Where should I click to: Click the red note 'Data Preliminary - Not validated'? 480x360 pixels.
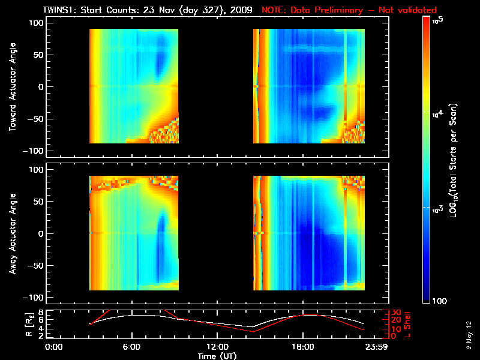(x=349, y=10)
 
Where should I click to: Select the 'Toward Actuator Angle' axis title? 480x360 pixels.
(x=12, y=87)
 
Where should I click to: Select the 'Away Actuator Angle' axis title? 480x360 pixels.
(x=12, y=233)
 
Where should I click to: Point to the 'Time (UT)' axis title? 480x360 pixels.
(x=217, y=356)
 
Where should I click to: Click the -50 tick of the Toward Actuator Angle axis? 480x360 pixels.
(x=37, y=119)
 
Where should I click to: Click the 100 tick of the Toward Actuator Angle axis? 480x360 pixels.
(x=37, y=23)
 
